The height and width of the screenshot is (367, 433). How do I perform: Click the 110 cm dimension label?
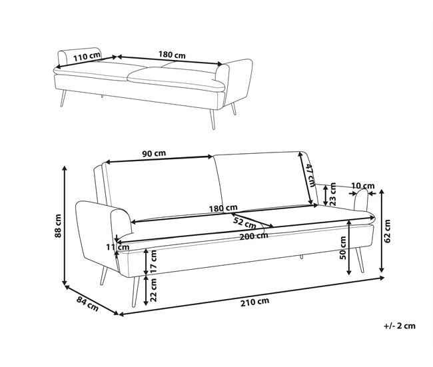87,56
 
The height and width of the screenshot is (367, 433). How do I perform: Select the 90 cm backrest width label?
154,153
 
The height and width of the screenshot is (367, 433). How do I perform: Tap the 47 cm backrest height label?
310,176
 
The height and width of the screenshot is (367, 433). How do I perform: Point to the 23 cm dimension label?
333,194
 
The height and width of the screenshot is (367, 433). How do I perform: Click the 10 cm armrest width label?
363,186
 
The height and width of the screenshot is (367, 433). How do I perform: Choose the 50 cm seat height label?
342,248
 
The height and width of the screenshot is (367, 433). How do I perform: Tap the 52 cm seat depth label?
244,222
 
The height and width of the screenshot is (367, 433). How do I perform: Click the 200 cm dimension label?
254,236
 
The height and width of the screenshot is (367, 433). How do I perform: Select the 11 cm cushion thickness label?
118,247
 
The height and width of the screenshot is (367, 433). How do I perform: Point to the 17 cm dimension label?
154,262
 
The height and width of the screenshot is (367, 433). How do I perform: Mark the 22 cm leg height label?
154,290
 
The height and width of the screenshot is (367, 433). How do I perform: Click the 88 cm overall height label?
58,226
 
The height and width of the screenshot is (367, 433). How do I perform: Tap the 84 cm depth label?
87,304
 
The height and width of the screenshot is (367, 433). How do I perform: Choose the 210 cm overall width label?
254,302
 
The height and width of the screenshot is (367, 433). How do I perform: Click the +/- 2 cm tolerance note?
399,326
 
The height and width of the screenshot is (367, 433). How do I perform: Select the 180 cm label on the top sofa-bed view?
172,55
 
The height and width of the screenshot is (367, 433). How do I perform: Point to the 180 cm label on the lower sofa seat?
223,208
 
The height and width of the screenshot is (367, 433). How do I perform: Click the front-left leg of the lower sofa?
135,292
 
